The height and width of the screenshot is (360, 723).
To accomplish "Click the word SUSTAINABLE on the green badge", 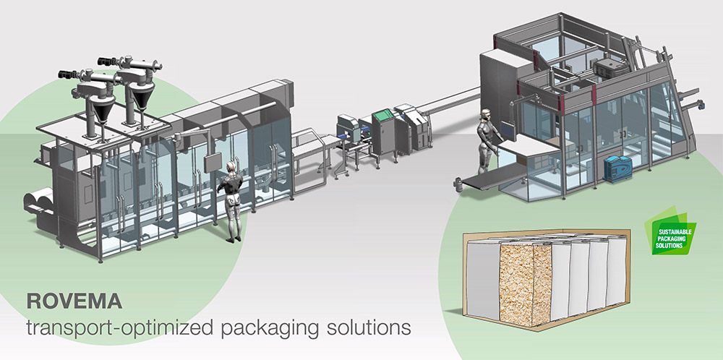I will tap(673, 231).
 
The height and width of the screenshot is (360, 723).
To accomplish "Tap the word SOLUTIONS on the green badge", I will tap(673, 247).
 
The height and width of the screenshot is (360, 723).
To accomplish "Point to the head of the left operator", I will tap(231, 168).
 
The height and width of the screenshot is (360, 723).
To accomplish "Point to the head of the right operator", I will tap(486, 116).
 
